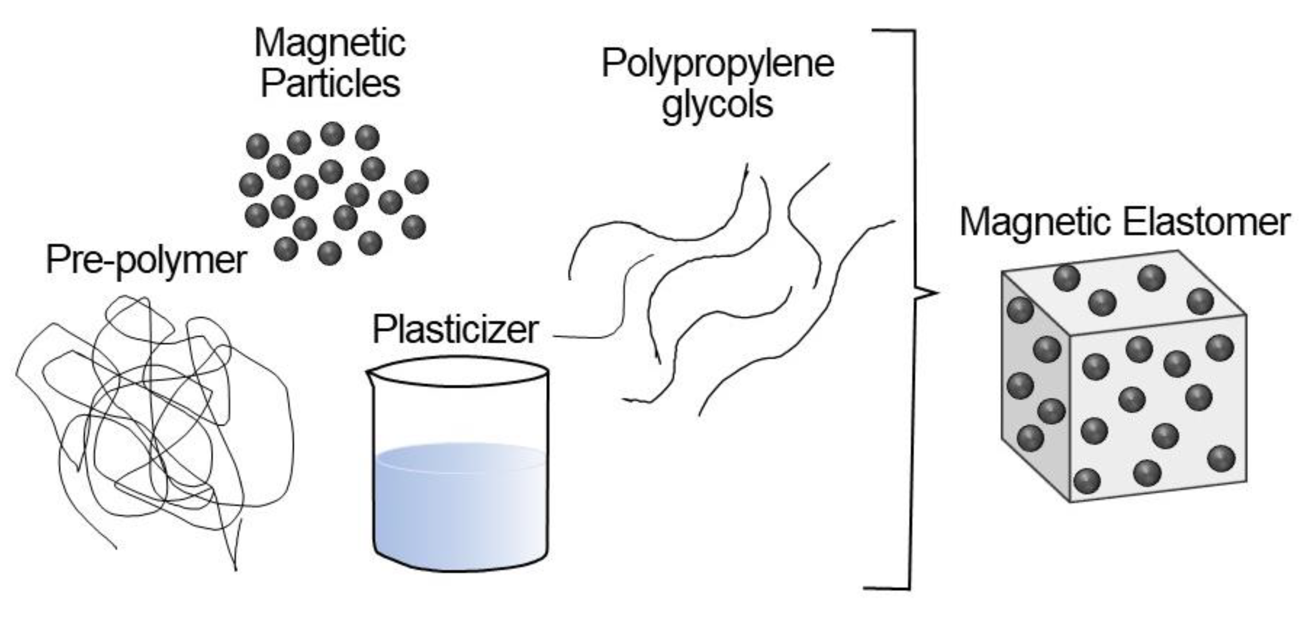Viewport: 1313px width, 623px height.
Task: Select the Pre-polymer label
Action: coord(146,260)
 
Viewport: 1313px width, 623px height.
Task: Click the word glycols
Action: coord(717,105)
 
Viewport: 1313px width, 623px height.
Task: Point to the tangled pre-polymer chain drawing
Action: coord(153,424)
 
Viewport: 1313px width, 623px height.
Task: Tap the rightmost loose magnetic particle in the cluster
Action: coord(416,182)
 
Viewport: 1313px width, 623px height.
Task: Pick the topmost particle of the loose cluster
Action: coord(333,134)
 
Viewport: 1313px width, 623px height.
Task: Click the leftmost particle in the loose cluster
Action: coord(251,184)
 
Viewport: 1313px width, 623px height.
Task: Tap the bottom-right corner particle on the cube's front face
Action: coord(1221,458)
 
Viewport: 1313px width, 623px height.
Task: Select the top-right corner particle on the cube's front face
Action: coord(1220,348)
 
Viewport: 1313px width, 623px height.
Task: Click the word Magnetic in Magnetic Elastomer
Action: coord(1035,222)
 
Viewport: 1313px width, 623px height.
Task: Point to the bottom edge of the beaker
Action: coord(461,567)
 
